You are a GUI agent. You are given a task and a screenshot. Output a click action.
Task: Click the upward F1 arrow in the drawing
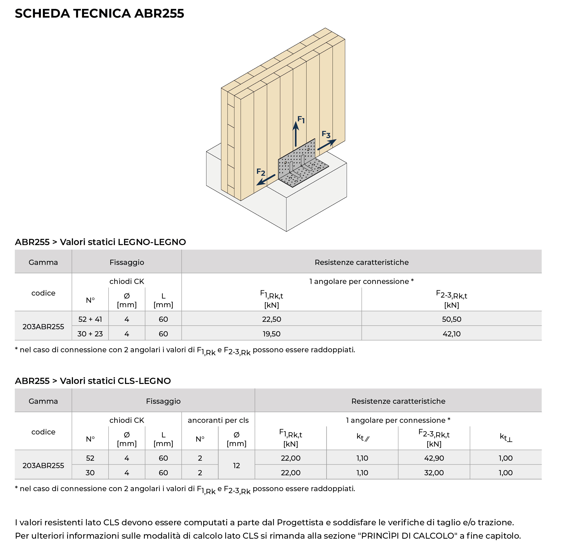[296, 134]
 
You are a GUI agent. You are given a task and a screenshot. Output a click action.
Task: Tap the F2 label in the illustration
[261, 172]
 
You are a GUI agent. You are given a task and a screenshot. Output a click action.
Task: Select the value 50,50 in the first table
[451, 319]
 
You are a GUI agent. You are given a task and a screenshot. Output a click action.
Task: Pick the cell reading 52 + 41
[90, 319]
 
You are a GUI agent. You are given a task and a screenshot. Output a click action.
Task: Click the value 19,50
[271, 334]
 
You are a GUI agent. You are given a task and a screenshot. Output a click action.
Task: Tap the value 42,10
[451, 334]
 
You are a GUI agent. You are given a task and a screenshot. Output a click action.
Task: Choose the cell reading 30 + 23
[90, 334]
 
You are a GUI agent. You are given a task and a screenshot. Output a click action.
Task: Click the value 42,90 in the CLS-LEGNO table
[434, 458]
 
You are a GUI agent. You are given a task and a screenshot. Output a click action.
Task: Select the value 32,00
[434, 473]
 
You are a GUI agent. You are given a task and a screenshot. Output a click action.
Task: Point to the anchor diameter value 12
[236, 465]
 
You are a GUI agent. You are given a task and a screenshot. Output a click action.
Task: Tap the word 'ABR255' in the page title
[159, 14]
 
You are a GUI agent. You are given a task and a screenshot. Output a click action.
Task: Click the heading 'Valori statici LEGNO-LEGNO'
[123, 242]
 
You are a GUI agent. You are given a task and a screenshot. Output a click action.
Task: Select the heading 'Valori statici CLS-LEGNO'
[115, 381]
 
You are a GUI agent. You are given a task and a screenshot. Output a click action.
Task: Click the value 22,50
[271, 319]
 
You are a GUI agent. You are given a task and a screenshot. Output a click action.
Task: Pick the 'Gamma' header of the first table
[43, 262]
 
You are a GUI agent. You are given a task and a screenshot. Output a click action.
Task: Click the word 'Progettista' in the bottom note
[300, 523]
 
